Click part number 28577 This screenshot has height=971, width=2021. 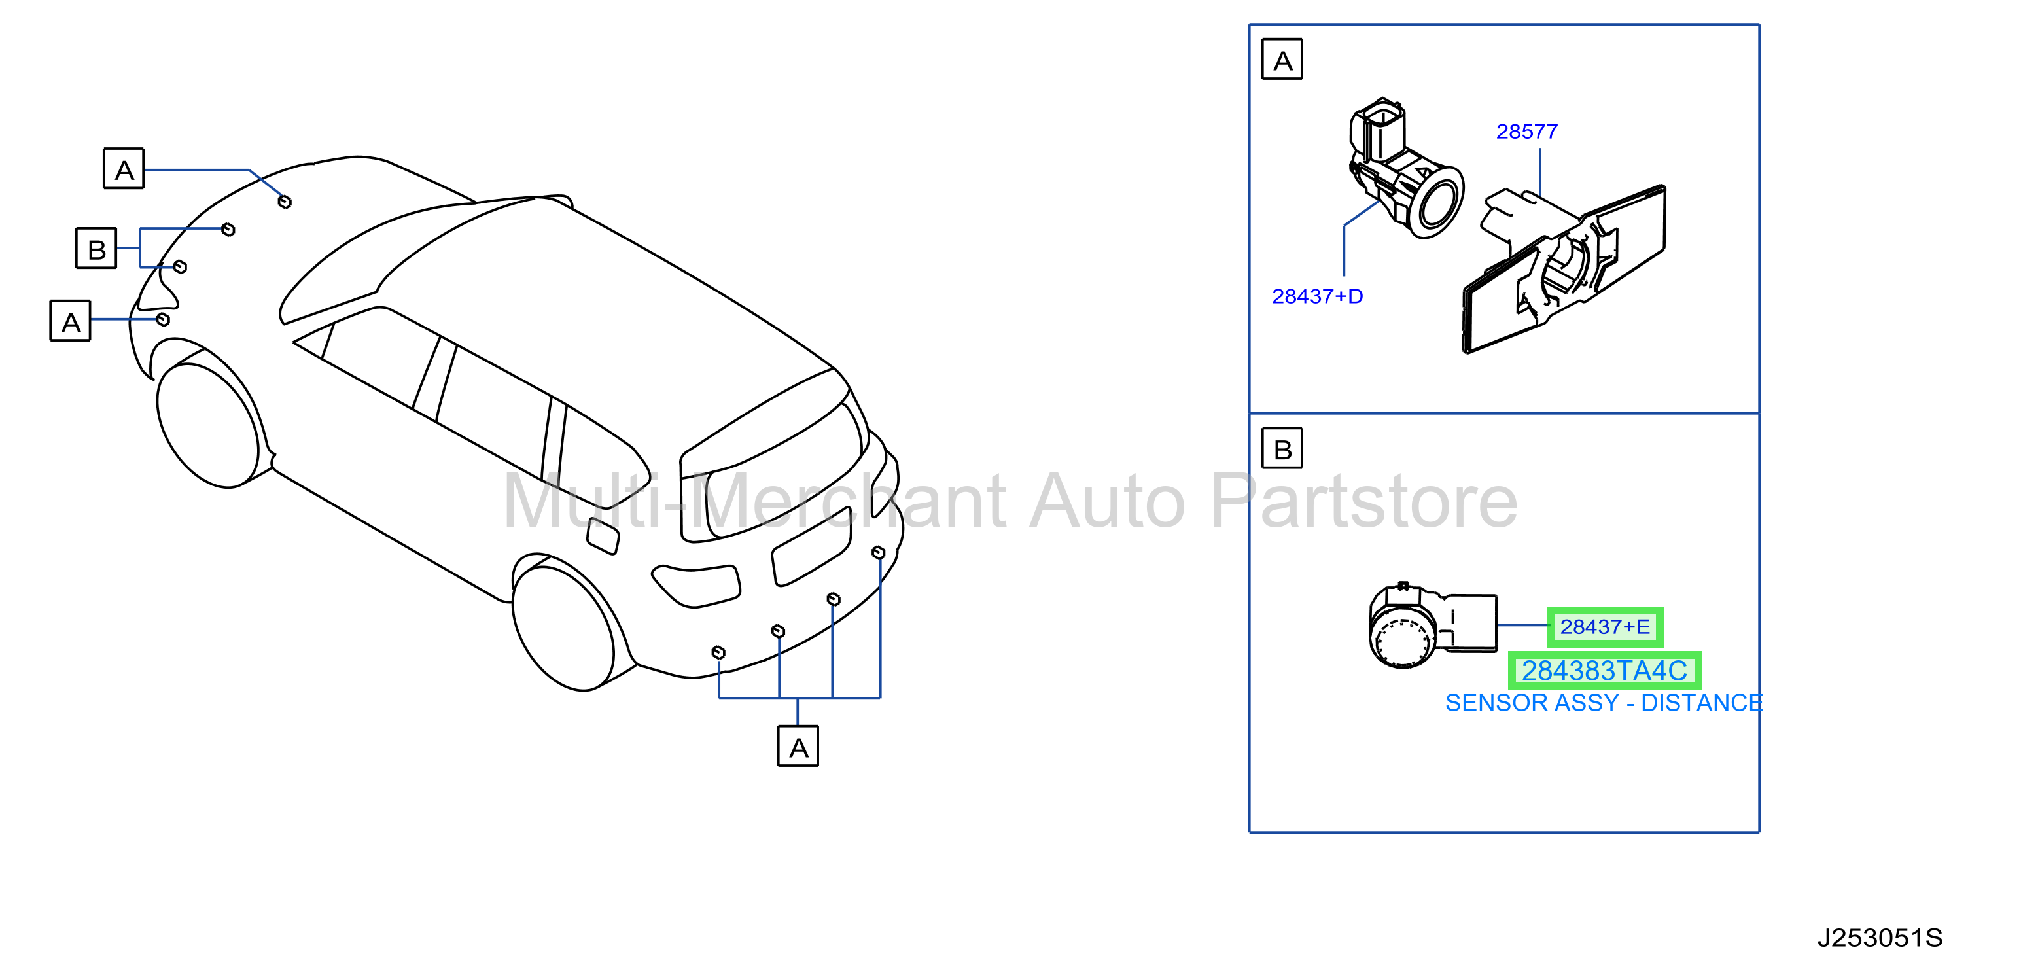1527,132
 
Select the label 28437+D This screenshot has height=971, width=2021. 1317,296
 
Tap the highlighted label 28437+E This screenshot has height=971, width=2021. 1604,627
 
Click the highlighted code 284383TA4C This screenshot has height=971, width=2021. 1604,671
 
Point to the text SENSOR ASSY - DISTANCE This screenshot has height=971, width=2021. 1604,703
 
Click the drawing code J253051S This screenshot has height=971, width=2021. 1880,938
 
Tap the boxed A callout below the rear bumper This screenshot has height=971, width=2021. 798,746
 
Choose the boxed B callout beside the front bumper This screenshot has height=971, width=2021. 96,248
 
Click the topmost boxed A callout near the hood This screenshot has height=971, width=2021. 124,168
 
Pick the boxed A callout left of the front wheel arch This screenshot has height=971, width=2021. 71,321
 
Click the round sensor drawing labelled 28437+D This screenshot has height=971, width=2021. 1405,169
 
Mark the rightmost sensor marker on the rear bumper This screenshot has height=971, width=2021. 879,553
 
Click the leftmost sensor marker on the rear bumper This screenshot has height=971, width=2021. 718,652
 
